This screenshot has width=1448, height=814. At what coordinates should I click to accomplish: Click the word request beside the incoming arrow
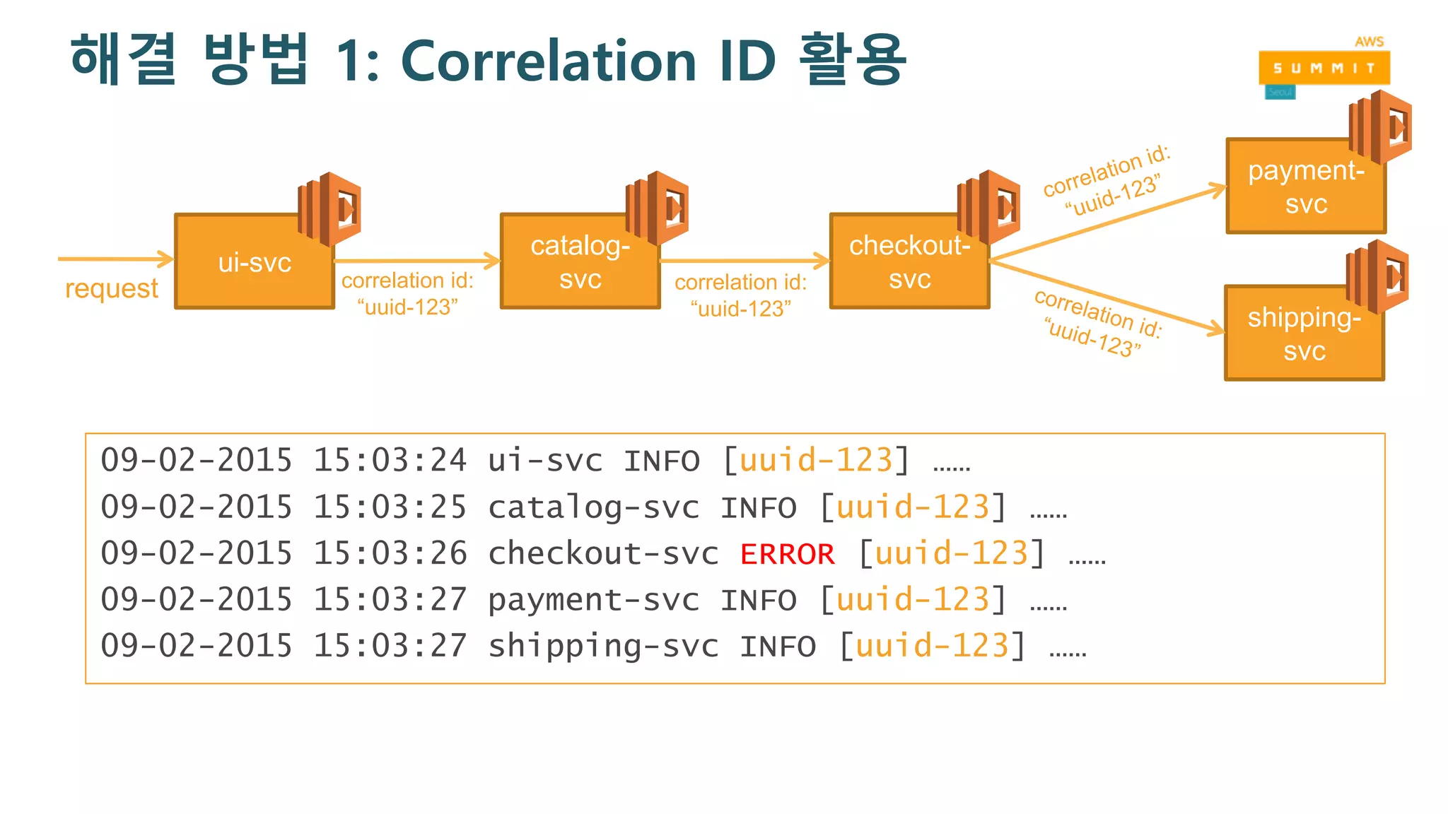coord(112,288)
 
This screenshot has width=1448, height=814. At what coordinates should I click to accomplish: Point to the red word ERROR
coord(787,554)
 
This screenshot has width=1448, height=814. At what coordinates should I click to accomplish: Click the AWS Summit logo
coord(1324,68)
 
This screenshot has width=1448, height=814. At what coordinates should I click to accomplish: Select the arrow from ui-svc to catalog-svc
coord(417,261)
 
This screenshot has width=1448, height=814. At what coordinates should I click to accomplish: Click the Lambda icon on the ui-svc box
coord(329,209)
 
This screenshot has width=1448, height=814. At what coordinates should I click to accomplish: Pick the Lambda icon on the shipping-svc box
coord(1377,276)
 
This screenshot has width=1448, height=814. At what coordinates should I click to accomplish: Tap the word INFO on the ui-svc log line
coord(661,461)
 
